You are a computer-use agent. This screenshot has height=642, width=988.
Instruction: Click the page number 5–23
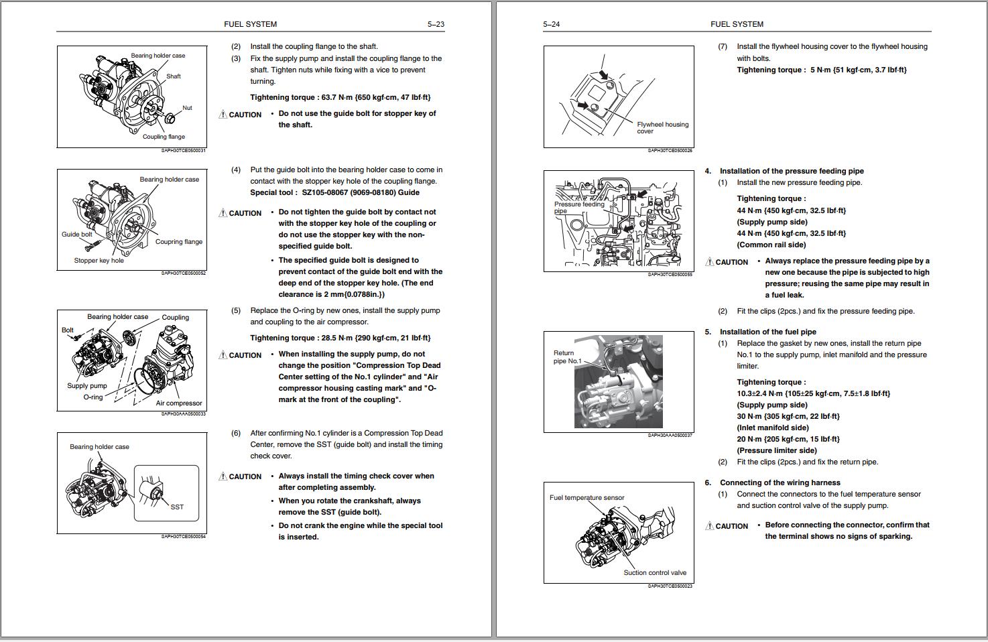(436, 24)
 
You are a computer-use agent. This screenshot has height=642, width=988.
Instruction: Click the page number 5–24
(551, 24)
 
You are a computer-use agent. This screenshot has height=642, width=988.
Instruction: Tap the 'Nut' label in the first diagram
(187, 108)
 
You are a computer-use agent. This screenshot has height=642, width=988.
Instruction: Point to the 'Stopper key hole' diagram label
(99, 261)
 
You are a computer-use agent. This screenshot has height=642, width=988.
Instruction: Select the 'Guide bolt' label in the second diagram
(76, 235)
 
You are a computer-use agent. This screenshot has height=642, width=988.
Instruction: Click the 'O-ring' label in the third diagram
(93, 397)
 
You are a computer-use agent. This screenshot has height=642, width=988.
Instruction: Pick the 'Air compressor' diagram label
(178, 403)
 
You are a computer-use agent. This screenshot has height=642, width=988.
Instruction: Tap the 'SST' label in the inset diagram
(177, 507)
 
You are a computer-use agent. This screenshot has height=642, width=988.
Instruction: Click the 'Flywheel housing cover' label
(662, 127)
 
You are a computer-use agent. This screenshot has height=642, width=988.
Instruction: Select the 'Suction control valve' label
(655, 573)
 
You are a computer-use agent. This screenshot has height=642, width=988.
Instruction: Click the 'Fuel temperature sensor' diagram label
(586, 498)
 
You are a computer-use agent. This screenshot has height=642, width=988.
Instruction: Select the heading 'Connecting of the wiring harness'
(780, 483)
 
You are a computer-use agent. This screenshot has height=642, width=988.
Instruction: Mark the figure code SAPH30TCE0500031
(183, 151)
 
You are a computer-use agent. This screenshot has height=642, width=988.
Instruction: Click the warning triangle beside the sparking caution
(709, 526)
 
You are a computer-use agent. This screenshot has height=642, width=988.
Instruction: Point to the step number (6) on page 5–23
(236, 434)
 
